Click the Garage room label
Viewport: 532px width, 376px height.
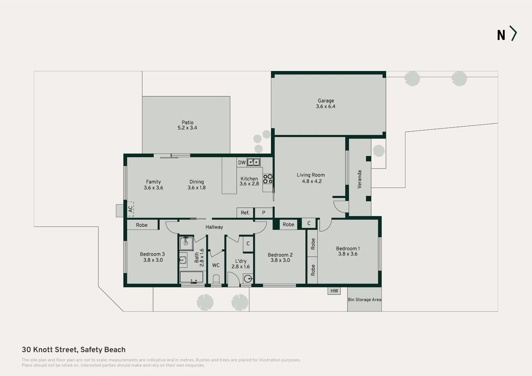click(x=326, y=101)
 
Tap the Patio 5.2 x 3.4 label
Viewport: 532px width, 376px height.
click(x=188, y=125)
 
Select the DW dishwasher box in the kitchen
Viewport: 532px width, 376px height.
click(x=242, y=162)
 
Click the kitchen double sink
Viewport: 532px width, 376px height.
click(x=253, y=162)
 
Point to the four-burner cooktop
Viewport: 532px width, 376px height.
click(x=268, y=179)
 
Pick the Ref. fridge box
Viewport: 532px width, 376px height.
click(x=245, y=213)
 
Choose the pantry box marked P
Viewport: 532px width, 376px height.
click(x=264, y=213)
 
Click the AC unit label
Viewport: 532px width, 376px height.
click(x=130, y=209)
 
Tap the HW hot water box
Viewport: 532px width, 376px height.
click(x=334, y=291)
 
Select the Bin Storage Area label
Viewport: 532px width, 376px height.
click(x=364, y=300)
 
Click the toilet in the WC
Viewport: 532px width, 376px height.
click(x=216, y=279)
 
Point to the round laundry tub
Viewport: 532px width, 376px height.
click(x=248, y=279)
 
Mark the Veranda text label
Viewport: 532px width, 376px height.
click(x=359, y=179)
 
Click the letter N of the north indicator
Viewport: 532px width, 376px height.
click(x=501, y=35)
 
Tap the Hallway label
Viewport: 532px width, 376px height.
click(x=214, y=227)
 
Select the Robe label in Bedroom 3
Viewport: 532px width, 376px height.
click(x=142, y=225)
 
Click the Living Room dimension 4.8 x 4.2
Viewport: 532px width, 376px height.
click(x=312, y=181)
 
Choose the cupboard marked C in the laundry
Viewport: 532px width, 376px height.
click(x=248, y=244)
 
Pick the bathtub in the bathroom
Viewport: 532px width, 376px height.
click(x=192, y=277)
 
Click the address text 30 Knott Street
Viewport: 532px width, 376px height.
click(x=49, y=350)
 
